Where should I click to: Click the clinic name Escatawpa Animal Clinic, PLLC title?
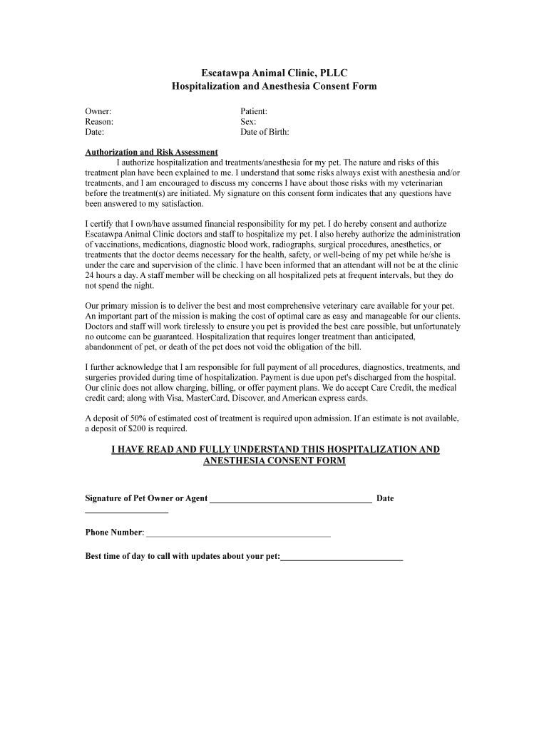pyautogui.click(x=274, y=73)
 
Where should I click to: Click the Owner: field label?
pyautogui.click(x=98, y=111)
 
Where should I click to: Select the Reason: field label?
pyautogui.click(x=100, y=122)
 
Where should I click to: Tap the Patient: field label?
pyautogui.click(x=254, y=111)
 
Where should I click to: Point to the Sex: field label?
pyautogui.click(x=248, y=122)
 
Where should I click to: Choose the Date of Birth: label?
pyautogui.click(x=265, y=133)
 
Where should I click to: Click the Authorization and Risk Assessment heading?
pyautogui.click(x=151, y=153)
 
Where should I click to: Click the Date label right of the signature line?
pyautogui.click(x=385, y=498)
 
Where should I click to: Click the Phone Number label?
pyautogui.click(x=114, y=533)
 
